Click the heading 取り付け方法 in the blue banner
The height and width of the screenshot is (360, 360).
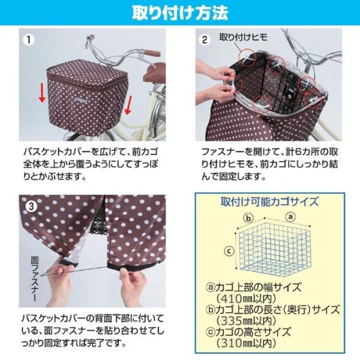tap(180, 13)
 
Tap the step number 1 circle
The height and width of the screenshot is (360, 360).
tap(29, 40)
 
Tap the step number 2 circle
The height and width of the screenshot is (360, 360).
tap(205, 40)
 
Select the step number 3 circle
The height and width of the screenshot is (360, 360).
tap(31, 206)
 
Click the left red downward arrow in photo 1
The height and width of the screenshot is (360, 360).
tap(42, 93)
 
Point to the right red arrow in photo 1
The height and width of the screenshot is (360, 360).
tap(128, 106)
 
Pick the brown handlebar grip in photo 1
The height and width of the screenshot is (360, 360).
tap(151, 53)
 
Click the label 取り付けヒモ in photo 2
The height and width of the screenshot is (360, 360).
tap(244, 37)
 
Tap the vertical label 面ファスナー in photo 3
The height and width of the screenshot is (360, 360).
tap(35, 279)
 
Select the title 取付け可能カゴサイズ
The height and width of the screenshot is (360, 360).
tap(270, 202)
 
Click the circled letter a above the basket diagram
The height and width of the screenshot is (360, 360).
tap(290, 216)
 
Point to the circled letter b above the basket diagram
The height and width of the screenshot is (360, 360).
tap(248, 218)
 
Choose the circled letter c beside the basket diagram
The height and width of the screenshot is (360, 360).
tap(229, 251)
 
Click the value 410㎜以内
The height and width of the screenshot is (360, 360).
tap(246, 298)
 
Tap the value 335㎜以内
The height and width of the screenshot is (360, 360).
tap(246, 321)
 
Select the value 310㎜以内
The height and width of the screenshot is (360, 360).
tap(246, 343)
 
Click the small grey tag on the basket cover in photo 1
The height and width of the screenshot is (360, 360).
tap(80, 100)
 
